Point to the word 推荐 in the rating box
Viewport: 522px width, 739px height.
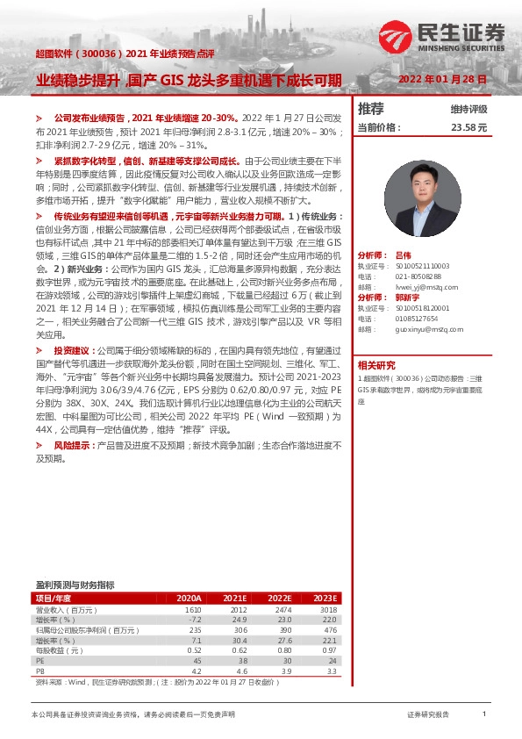[x=371, y=109]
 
